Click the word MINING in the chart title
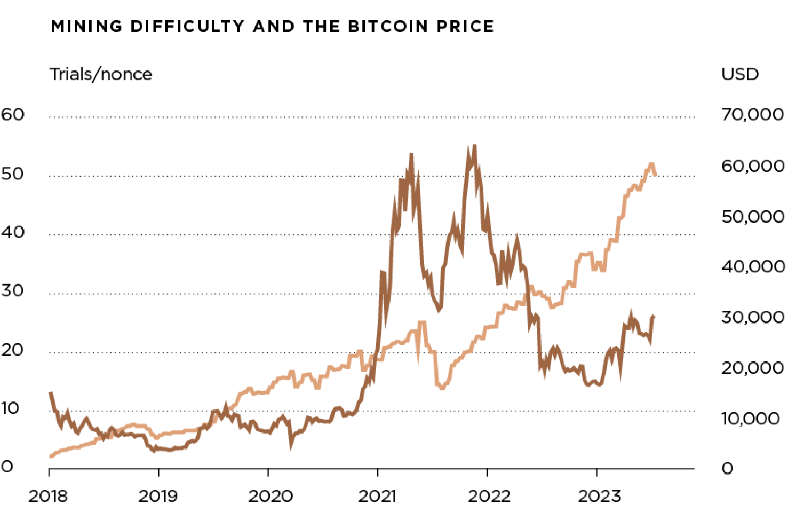(x=86, y=26)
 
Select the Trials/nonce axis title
(x=101, y=74)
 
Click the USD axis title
(x=739, y=74)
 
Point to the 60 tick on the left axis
(x=13, y=114)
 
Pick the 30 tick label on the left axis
(x=13, y=291)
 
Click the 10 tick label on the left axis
(x=11, y=408)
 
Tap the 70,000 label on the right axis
(x=752, y=114)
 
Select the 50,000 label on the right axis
(x=752, y=216)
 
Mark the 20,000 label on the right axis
(x=752, y=367)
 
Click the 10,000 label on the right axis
(x=751, y=418)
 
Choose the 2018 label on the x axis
(x=48, y=496)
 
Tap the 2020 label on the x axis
(x=270, y=496)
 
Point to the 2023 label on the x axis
(x=599, y=496)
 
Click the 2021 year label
(x=378, y=496)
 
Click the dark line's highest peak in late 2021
(x=474, y=146)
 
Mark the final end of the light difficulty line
(x=655, y=174)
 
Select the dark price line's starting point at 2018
(x=50, y=393)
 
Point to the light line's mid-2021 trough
(x=442, y=388)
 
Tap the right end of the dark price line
(x=654, y=317)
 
